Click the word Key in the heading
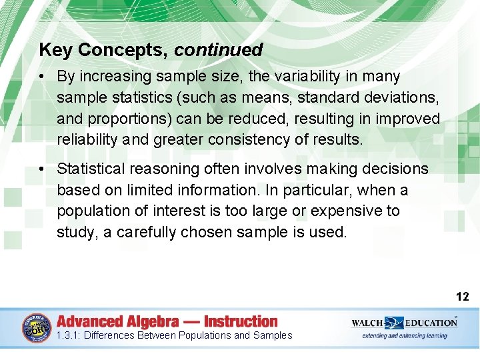point(52,50)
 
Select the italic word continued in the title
point(219,50)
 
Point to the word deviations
point(399,97)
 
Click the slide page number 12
point(463,297)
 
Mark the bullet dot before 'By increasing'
point(42,77)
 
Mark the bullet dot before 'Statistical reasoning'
point(42,169)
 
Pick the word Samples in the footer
point(273,335)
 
